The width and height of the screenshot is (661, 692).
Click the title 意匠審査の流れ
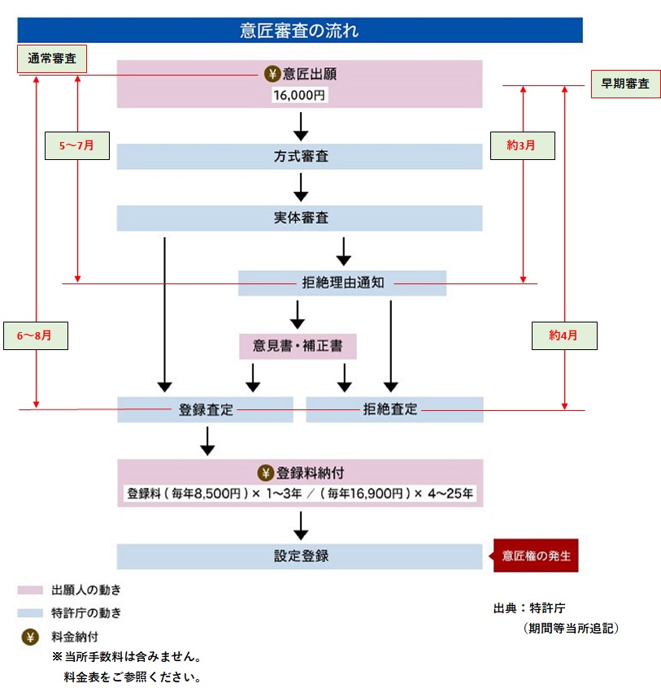pos(299,31)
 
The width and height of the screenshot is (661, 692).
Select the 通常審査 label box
pos(52,58)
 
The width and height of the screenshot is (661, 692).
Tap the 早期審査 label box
pos(625,84)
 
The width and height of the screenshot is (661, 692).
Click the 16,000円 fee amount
pos(299,95)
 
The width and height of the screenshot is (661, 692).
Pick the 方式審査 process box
pos(299,156)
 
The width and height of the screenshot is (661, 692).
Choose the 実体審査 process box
pos(299,218)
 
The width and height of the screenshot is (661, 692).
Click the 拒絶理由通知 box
pos(342,283)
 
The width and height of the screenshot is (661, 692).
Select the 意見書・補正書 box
pos(298,346)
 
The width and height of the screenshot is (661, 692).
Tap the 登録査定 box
pos(205,409)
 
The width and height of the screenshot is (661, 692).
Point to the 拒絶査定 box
pos(394,409)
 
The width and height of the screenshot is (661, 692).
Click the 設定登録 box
pos(299,556)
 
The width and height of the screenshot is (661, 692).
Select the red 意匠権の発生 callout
pos(537,556)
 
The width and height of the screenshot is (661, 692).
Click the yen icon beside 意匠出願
pos(272,74)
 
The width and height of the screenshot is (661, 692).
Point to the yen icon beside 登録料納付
pos(266,473)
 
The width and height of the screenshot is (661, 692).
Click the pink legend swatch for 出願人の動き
pos(30,590)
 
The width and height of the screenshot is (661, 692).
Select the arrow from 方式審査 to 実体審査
pos(301,188)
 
